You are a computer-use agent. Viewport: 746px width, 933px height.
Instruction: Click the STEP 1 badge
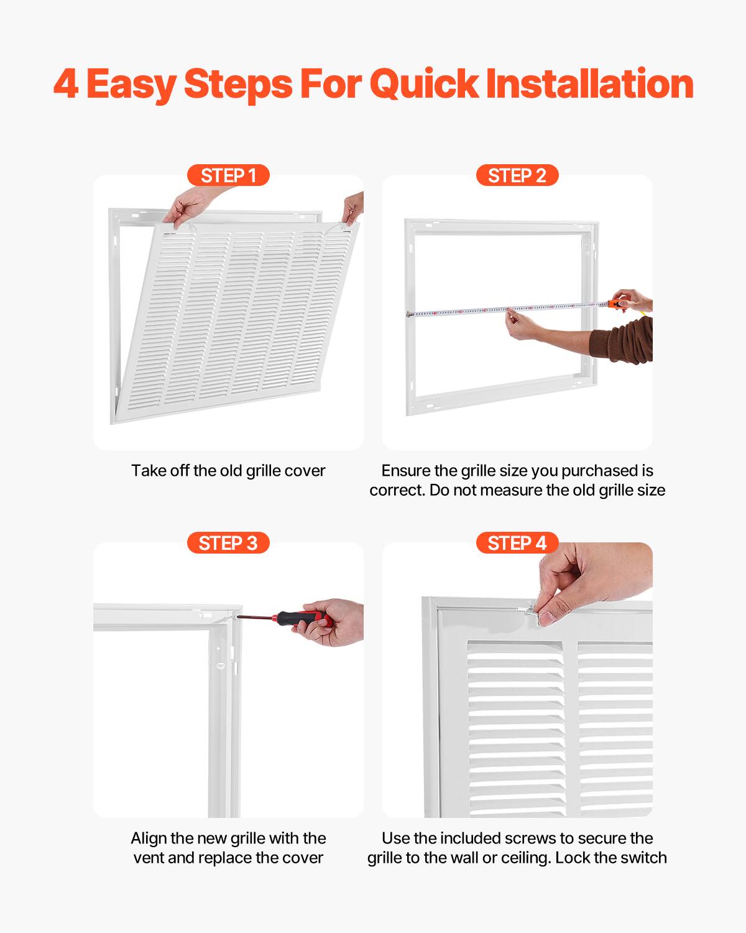tap(228, 175)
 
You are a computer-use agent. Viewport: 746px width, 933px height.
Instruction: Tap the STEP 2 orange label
tap(517, 175)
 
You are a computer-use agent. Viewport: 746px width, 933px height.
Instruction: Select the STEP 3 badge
tap(228, 543)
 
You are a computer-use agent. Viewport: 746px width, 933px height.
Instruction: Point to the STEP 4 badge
tap(517, 543)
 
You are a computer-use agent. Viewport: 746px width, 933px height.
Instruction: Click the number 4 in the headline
tap(66, 84)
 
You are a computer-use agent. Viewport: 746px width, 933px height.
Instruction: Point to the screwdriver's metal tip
tap(239, 617)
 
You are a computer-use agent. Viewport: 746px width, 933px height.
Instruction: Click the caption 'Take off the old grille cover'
tap(228, 471)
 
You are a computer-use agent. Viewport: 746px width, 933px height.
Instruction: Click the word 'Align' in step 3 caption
tap(148, 838)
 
